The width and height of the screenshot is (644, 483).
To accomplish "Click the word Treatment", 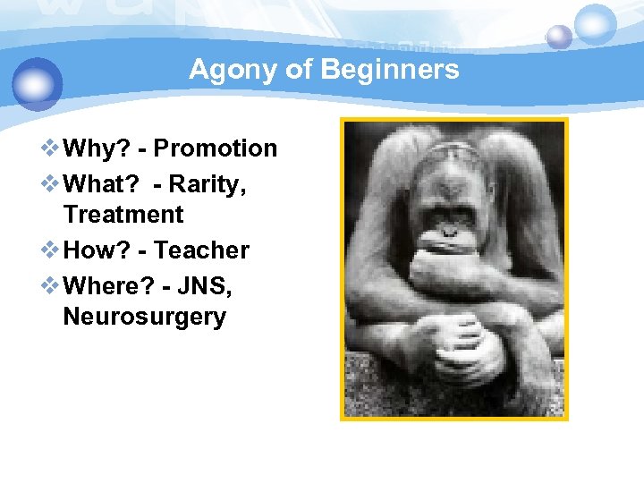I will coord(123,215).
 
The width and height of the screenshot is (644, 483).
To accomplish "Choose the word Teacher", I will coord(202,250).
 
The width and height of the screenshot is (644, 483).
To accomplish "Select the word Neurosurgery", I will coord(145,317).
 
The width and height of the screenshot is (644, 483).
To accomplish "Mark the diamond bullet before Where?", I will coord(52,284).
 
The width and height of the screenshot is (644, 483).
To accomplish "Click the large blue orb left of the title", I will coord(38,82).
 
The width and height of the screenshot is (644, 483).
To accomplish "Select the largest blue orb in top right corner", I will coord(595,24).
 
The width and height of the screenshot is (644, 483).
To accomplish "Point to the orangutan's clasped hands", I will coord(470,344).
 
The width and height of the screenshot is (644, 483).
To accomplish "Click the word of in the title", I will coord(296,70).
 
